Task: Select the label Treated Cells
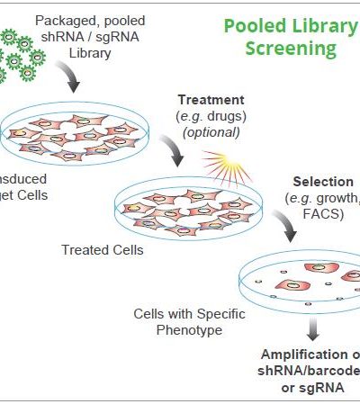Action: coord(100,250)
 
